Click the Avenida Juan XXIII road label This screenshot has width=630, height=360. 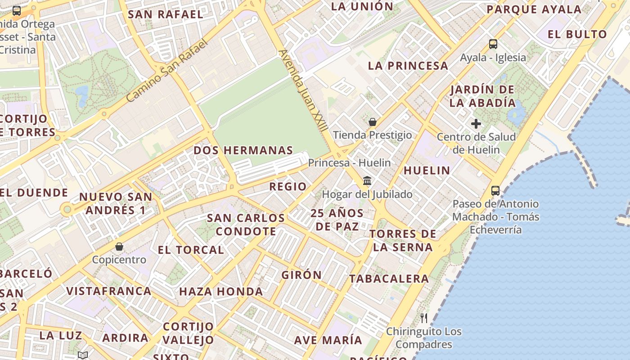(x=303, y=90)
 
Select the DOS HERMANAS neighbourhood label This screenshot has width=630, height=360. (x=243, y=150)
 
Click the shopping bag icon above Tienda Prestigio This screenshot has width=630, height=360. (x=373, y=122)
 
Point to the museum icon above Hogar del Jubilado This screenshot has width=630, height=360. (x=367, y=181)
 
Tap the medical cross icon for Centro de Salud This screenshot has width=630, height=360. (x=476, y=124)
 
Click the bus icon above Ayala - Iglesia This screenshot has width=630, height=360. (x=493, y=44)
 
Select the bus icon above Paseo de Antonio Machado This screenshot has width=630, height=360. (x=495, y=191)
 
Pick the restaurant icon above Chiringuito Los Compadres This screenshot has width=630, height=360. (x=423, y=318)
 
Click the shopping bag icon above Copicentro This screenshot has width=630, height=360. (x=119, y=247)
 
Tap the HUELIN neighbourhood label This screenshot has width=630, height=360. (x=427, y=171)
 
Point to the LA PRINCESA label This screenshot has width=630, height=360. (x=408, y=66)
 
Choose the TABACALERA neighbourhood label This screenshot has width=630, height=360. (x=389, y=279)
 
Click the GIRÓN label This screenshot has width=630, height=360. (x=301, y=275)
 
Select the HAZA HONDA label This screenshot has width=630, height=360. (x=221, y=292)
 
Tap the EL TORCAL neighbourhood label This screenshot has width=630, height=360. (x=191, y=250)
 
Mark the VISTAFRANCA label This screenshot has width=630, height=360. (x=109, y=291)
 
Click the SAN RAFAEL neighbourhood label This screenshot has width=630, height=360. (x=166, y=14)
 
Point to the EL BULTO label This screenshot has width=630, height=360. (x=577, y=34)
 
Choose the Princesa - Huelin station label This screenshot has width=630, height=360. (x=349, y=163)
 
